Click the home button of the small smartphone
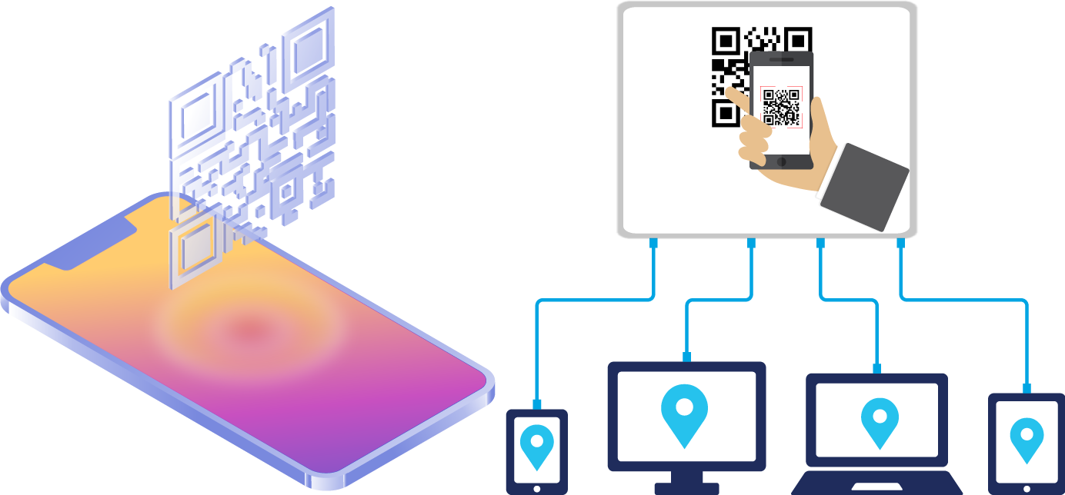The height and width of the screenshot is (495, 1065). tap(536, 488)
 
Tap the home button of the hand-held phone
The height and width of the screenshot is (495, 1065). tap(781, 161)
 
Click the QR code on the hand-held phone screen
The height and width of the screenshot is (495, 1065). tap(781, 106)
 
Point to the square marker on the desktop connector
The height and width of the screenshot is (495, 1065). tap(686, 357)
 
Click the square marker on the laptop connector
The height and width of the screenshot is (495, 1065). tap(876, 368)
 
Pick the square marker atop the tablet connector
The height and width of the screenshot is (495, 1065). tap(1027, 388)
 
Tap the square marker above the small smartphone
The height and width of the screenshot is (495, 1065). tap(536, 404)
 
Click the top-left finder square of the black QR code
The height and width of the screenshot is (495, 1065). tap(726, 40)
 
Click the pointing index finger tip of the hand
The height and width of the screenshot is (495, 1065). tap(730, 95)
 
